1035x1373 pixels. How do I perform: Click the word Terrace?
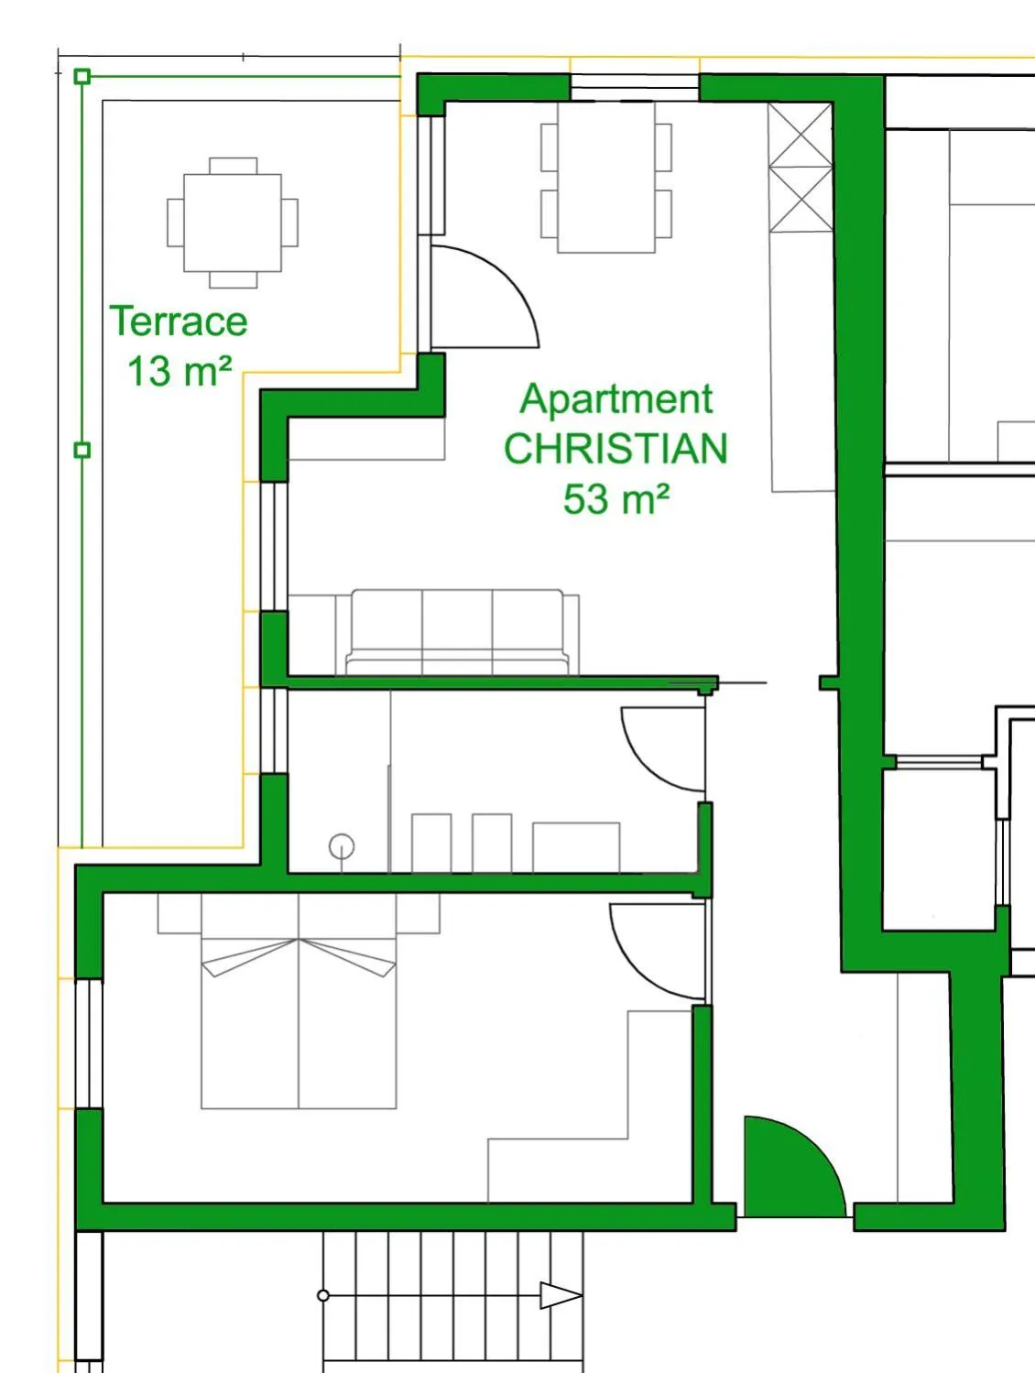(x=179, y=321)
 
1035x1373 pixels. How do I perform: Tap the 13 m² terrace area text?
(x=179, y=372)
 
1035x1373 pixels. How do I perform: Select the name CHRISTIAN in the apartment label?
(x=616, y=449)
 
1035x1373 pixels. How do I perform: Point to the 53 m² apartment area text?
(x=616, y=499)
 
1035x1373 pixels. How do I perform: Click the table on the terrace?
(x=233, y=223)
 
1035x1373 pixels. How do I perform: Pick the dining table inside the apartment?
(x=606, y=177)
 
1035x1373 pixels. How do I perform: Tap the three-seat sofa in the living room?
(x=457, y=631)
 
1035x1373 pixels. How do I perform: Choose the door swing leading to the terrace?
(x=481, y=298)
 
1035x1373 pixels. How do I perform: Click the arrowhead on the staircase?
(x=560, y=1295)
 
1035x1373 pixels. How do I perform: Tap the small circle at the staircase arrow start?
(x=323, y=1295)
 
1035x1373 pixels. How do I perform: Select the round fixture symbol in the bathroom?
(x=342, y=846)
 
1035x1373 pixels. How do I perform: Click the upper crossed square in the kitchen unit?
(x=801, y=135)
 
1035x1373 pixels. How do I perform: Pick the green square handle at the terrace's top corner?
(x=82, y=76)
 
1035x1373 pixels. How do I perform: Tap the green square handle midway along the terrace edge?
(x=82, y=450)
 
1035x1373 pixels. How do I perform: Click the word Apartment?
(x=616, y=399)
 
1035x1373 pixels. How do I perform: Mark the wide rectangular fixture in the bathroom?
(x=575, y=847)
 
